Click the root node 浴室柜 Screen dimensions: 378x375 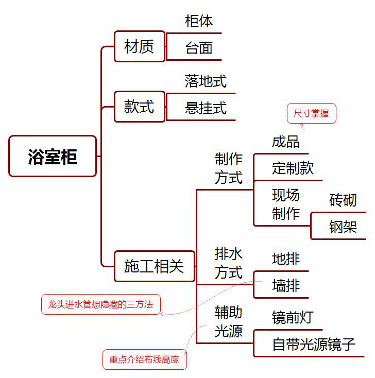(53, 156)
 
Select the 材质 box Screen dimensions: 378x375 (139, 46)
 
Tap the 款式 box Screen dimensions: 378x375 (139, 107)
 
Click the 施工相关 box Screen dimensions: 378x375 (154, 266)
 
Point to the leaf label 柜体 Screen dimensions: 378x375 (199, 21)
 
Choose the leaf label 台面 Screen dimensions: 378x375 (199, 48)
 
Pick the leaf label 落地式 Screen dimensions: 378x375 (206, 81)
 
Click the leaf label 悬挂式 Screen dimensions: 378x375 (206, 108)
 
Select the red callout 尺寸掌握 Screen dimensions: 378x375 (311, 113)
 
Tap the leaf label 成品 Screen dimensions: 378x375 (285, 141)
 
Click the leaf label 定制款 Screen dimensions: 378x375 (293, 168)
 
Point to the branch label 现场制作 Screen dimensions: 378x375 (285, 204)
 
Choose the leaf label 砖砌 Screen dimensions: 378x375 (343, 200)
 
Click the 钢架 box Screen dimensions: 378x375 (343, 227)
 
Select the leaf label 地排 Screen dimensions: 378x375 (285, 259)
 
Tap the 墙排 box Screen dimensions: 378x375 (285, 285)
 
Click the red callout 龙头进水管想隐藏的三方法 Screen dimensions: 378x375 (100, 304)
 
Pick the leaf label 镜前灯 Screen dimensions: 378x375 (292, 317)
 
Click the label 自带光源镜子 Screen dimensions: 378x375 (314, 344)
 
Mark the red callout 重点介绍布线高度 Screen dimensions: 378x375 (144, 359)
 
